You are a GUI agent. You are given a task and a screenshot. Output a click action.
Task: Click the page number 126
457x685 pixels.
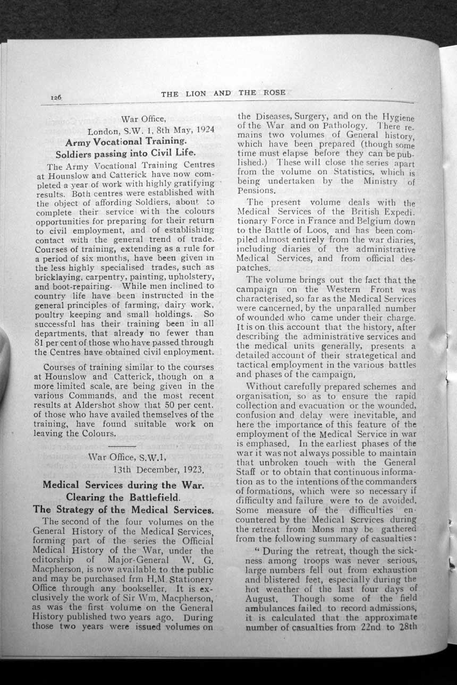click(56, 97)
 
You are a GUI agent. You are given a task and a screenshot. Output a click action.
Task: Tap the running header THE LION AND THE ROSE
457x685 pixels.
click(223, 93)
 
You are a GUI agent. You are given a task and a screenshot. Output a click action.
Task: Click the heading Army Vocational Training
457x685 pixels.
click(126, 142)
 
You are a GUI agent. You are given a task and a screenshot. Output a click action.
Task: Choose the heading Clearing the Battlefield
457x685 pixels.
click(123, 497)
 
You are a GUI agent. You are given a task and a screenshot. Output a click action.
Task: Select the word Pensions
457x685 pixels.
click(256, 190)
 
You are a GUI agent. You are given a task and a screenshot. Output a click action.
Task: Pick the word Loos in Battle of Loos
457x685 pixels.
click(316, 230)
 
